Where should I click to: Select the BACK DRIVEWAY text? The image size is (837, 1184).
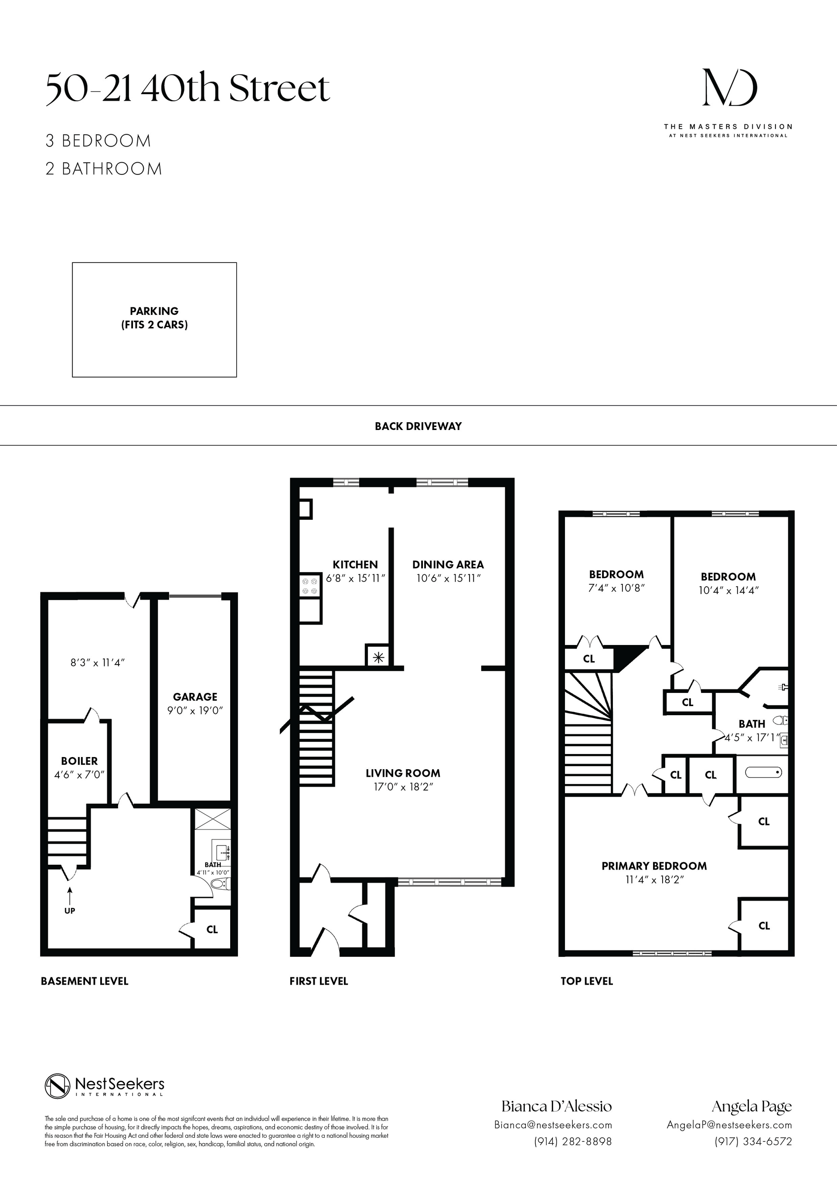tap(418, 426)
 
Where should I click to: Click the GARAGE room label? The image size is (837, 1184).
tap(195, 697)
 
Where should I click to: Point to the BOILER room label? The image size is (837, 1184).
tap(79, 761)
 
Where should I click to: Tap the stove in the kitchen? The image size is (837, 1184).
tap(310, 585)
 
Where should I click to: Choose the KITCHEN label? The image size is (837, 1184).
tap(355, 565)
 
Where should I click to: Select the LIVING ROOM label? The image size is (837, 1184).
tap(403, 773)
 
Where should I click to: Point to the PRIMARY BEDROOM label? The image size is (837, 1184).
tap(654, 866)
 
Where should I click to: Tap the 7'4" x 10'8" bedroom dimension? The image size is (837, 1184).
tap(616, 588)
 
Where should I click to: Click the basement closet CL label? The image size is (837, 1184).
tap(212, 929)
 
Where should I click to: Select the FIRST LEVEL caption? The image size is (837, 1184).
tap(319, 981)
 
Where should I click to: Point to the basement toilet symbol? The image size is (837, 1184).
tap(221, 884)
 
